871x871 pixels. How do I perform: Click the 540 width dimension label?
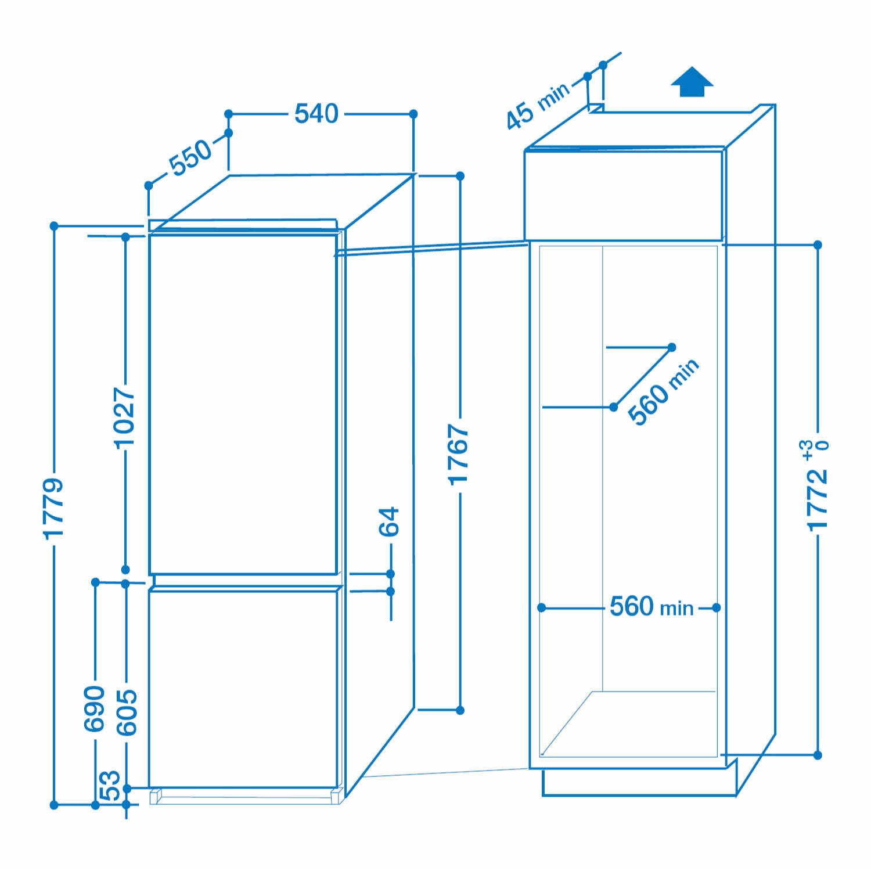coord(316,114)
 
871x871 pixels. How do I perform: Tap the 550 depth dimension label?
coord(191,157)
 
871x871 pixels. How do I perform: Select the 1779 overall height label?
coord(53,509)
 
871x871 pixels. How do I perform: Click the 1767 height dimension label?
coord(459,455)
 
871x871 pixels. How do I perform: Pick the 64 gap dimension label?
coord(390,521)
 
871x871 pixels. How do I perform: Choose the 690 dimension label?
coord(95,708)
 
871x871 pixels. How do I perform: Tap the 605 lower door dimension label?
coord(127,712)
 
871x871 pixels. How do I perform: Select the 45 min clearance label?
coord(538,106)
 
